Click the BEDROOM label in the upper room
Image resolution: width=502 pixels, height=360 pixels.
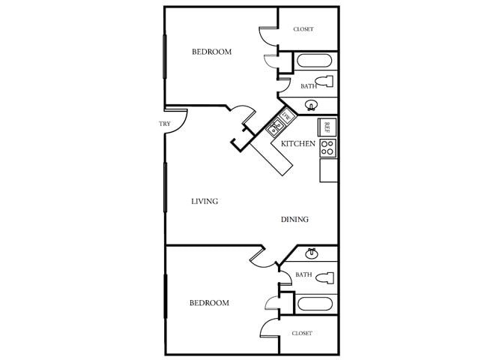tap(211, 52)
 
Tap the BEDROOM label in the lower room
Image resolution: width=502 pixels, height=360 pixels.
tap(208, 303)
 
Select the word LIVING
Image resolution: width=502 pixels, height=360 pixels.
tap(204, 201)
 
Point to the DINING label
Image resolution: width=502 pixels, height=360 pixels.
tap(294, 220)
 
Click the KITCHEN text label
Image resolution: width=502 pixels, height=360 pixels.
tap(297, 143)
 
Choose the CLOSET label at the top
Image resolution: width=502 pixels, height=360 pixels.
tap(303, 29)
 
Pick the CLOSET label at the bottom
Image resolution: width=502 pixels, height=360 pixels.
tap(301, 333)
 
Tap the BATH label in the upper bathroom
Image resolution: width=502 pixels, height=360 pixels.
tap(308, 86)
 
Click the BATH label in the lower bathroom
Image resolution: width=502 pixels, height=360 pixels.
tap(303, 274)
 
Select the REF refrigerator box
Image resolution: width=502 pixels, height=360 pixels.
tap(327, 127)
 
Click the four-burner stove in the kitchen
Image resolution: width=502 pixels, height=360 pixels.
tap(327, 147)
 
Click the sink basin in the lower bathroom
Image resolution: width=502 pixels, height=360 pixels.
tap(312, 253)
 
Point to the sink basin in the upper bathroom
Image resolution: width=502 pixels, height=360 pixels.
tap(312, 106)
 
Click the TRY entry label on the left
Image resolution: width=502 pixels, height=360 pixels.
tap(165, 124)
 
